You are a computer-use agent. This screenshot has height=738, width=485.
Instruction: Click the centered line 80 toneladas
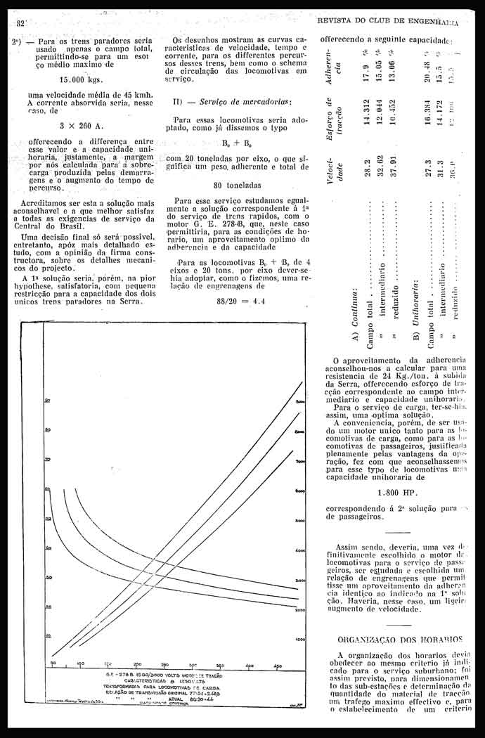click(x=237, y=186)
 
